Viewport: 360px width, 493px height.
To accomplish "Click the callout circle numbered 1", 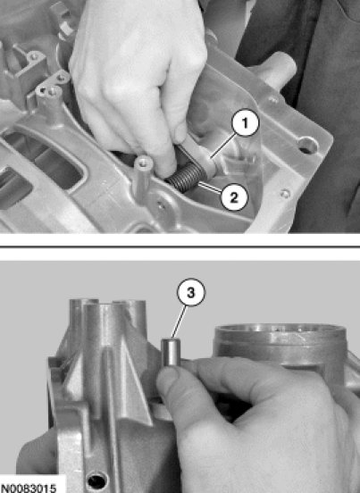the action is coord(246,122).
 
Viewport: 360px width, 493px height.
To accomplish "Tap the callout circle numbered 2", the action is coord(234,197).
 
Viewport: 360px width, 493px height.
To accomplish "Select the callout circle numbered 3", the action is coord(191,292).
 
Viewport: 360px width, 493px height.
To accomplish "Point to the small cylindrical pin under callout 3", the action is coord(171,352).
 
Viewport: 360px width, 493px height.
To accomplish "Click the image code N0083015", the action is coord(28,487).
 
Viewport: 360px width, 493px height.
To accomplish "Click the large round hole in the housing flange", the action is coord(307,146).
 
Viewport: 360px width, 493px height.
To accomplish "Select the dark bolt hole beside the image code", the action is coord(97,481).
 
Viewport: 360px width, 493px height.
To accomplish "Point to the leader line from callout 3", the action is coord(180,322).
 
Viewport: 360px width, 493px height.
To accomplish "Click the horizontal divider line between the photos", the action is coord(180,246).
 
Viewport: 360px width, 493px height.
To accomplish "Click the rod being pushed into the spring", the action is coord(196,156).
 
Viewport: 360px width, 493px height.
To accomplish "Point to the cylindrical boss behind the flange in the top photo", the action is coord(276,69).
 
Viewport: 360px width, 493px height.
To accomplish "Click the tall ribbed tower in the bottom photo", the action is coord(107,362).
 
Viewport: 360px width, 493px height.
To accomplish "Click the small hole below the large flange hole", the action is coord(286,194).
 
